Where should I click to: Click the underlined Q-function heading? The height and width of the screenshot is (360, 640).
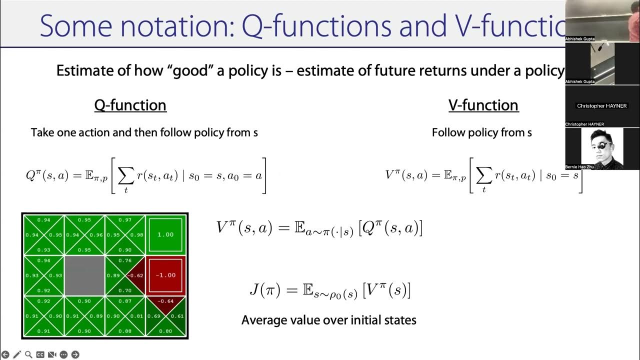coord(130,105)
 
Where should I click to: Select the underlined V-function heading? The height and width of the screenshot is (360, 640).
coord(483,105)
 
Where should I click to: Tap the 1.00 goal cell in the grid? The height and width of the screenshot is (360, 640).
coord(165,234)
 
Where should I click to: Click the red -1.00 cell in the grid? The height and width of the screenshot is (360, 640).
coord(165,275)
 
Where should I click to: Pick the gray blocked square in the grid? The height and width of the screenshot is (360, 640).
coord(85,275)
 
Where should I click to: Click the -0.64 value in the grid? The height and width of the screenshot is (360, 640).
coord(165,301)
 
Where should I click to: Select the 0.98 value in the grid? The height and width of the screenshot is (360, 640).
coord(136,235)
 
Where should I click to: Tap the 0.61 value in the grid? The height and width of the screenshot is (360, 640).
coord(177,316)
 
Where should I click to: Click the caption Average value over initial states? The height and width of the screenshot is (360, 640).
coord(328,320)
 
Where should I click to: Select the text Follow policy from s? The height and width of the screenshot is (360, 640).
coord(481,132)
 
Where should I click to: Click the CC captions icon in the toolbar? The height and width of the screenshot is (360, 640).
coord(40,354)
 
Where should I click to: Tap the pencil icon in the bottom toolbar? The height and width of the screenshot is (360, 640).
coord(17,354)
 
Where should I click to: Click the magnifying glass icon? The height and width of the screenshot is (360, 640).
coord(28,354)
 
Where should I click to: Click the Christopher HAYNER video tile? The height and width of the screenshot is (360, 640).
coord(602,106)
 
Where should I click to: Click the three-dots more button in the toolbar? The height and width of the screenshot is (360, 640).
coord(63,354)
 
